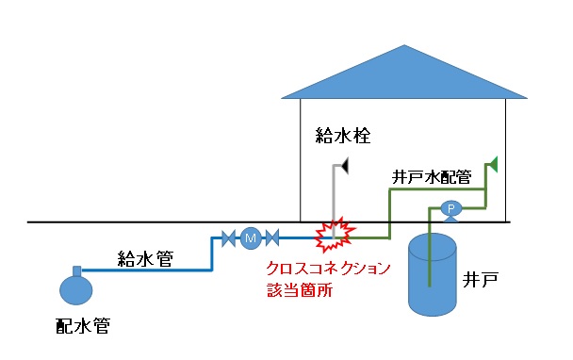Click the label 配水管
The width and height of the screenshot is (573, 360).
(x=83, y=326)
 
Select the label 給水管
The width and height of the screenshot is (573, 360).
(x=145, y=257)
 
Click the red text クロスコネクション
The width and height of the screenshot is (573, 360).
(x=328, y=269)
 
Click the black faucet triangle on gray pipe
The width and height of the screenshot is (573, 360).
(x=345, y=167)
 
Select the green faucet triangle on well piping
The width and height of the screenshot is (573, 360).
(x=490, y=166)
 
